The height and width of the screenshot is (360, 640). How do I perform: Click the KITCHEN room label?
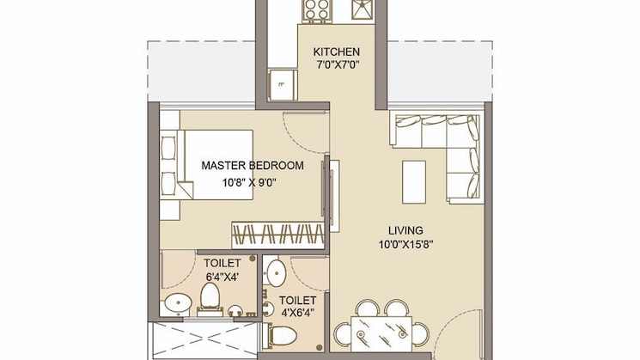[337, 52]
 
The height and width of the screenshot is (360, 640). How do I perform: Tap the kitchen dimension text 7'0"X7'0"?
[337, 64]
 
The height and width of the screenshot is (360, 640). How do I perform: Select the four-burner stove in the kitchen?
[317, 10]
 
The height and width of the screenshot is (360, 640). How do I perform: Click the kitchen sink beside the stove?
[363, 9]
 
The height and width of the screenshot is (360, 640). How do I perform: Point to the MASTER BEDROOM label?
[253, 165]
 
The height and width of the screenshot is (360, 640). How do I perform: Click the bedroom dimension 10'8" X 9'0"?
[249, 182]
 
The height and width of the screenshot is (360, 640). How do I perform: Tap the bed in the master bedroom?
[216, 165]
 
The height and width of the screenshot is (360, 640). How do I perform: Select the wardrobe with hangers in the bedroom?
[278, 235]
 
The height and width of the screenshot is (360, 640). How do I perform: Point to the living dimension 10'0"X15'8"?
[405, 245]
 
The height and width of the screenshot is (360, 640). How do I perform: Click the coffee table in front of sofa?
[414, 182]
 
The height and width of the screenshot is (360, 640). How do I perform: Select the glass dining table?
[381, 334]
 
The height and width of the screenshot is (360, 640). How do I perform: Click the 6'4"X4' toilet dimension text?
[222, 277]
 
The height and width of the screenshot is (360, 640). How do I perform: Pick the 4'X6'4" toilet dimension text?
[297, 314]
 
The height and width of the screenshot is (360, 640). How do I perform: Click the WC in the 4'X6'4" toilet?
[282, 336]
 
